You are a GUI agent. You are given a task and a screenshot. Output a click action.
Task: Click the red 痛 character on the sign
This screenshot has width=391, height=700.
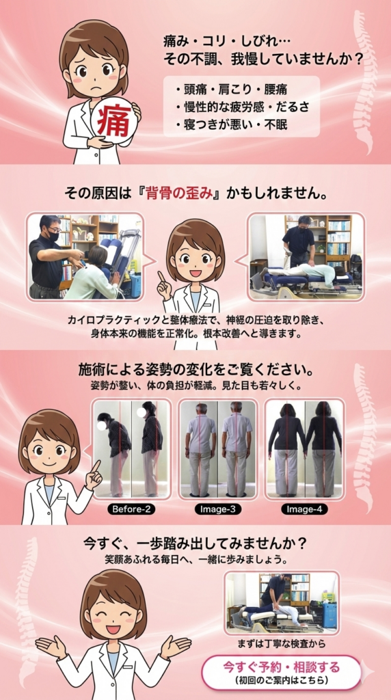pos(115,120)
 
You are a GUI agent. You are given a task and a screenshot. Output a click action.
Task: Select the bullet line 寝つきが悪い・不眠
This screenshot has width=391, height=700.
pos(231,124)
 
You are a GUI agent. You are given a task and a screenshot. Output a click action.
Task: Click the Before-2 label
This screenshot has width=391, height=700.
pos(131,509)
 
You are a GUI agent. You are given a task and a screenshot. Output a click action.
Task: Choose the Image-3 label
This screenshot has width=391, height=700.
pos(218,509)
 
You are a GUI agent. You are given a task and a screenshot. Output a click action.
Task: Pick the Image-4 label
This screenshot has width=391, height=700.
pos(304,509)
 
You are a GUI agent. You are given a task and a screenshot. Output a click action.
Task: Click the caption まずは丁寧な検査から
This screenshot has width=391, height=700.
pos(281,644)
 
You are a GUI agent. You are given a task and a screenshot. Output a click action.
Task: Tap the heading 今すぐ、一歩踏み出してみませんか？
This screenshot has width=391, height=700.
pos(195,544)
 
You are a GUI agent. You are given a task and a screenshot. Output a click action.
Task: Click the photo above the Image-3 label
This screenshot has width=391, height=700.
pos(218,449)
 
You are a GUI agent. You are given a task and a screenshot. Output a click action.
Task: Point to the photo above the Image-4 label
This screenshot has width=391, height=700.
pos(304,449)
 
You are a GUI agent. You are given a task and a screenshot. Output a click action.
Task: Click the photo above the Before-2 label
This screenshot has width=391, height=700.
pos(131,449)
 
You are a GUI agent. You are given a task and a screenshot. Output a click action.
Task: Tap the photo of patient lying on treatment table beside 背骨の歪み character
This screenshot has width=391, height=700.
pos(306,257)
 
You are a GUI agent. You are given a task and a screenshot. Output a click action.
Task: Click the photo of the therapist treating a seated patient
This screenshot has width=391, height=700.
pos(85,257)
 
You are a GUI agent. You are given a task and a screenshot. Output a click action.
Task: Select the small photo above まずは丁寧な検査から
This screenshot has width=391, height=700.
pos(281,603)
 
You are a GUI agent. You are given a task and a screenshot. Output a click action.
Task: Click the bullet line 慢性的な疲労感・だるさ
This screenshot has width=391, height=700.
pos(243,107)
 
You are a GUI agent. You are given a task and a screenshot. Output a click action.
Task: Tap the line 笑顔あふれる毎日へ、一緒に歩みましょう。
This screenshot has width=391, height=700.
pos(195,559)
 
